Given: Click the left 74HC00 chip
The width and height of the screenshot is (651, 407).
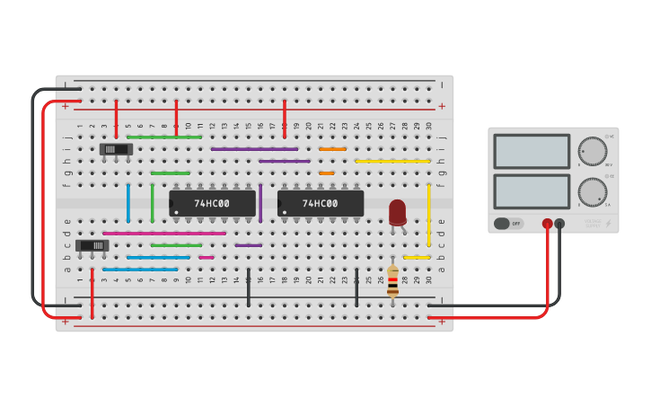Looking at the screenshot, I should [212, 203].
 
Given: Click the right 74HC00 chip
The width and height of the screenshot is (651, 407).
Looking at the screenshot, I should [321, 203].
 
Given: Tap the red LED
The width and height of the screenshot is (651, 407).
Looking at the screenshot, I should [397, 212].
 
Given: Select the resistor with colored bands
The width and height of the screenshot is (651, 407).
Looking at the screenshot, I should [392, 280].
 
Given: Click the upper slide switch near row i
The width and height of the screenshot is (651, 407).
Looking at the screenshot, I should [116, 149].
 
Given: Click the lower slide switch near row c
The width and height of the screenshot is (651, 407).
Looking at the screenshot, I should [92, 245].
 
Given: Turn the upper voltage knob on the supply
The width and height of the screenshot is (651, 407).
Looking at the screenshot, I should [592, 151].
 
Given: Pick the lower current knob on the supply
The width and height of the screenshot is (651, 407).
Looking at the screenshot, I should [592, 191].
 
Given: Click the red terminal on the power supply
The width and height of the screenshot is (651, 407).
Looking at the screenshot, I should [547, 223].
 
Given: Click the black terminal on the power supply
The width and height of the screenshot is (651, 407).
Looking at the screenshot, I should [559, 223].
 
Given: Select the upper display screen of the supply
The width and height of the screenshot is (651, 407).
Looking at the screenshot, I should [532, 151].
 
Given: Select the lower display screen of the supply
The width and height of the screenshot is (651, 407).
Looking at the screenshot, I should [532, 191].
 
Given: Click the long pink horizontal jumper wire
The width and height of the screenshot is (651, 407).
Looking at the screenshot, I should [164, 233].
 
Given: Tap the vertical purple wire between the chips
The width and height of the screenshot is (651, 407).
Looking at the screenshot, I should [260, 203].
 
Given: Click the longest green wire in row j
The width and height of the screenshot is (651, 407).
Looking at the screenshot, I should [164, 137].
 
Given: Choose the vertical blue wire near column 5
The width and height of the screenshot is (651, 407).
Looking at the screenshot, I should [128, 202].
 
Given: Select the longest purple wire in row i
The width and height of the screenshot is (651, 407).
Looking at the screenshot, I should [255, 149].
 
